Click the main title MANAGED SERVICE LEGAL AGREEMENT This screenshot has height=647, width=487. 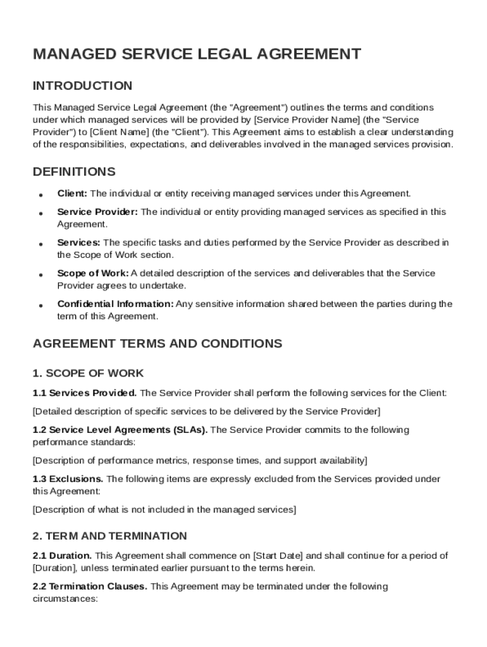coord(197,54)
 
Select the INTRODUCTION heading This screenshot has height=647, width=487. coord(82,86)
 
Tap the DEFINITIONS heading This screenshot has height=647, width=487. coord(74,172)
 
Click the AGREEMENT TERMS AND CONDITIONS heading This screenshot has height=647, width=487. coord(157,344)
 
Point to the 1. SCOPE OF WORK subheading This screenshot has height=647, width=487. coord(88,373)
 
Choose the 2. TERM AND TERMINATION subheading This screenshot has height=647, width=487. coord(109,536)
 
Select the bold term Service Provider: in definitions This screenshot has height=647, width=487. coord(97,212)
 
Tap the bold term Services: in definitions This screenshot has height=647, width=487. coord(78,243)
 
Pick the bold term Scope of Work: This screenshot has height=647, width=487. coord(93,273)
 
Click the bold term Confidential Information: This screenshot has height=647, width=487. coord(116,304)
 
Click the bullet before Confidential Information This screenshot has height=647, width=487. coord(40,305)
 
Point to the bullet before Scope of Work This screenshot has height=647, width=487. coord(40,275)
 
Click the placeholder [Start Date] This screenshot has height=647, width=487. coord(278,556)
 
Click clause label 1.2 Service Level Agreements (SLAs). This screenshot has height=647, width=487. coord(120,430)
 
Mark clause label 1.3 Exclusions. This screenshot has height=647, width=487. coord(68,479)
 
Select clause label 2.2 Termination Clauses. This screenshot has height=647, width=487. coord(90,586)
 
